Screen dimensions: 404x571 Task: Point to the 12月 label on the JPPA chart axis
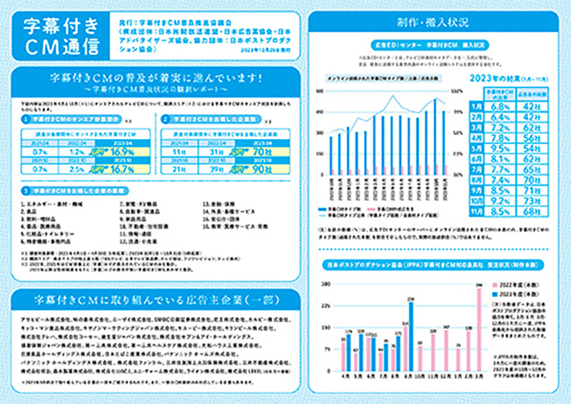point(446,376)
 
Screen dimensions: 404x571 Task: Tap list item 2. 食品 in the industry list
point(35,211)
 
